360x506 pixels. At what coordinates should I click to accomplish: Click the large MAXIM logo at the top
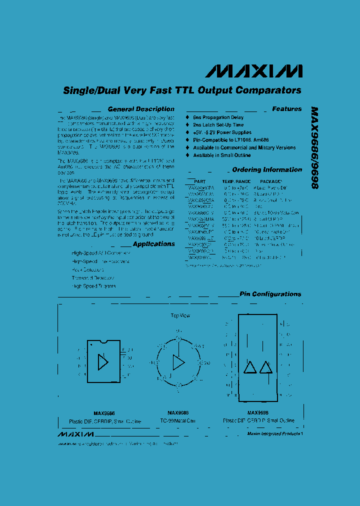253,71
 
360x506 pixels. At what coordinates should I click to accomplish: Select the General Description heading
141,109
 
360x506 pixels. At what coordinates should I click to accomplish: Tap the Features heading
287,109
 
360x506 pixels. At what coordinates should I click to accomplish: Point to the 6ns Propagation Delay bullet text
218,117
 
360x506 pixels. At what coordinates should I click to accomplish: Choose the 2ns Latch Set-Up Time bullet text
218,125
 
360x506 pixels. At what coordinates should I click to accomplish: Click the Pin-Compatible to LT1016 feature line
236,140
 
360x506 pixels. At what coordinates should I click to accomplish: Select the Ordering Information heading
267,170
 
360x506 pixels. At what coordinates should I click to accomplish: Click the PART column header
199,181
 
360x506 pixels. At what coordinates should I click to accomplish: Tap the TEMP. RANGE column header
236,181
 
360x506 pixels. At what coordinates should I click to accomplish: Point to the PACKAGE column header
271,181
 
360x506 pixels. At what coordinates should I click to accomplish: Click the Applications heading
154,244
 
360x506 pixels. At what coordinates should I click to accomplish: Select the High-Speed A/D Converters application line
100,253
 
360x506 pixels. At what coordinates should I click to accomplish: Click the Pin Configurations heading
270,294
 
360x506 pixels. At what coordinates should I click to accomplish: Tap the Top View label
180,315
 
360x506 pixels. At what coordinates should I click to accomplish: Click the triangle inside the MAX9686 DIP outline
103,362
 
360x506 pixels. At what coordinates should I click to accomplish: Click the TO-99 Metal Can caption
178,420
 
